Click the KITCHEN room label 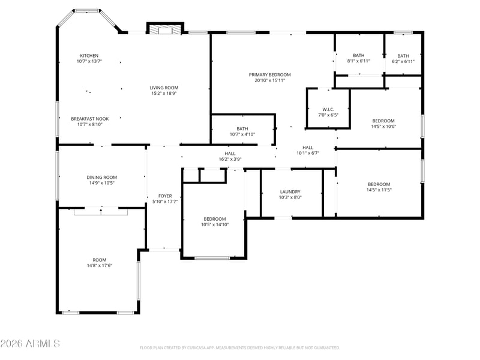click(89, 56)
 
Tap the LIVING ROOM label click(164, 88)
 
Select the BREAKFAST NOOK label click(89, 119)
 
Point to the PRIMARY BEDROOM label click(269, 74)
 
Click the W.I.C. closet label click(328, 110)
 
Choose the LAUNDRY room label click(290, 192)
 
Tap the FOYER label click(165, 196)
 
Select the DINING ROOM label click(101, 178)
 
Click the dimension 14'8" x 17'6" click(100, 266)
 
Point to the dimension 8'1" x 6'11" click(358, 61)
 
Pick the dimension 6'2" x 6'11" click(403, 61)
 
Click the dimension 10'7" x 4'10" click(242, 134)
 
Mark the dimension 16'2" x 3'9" click(230, 159)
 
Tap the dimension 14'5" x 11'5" click(379, 190)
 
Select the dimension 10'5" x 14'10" click(215, 224)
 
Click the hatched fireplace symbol click(166, 29)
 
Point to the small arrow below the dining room click(101, 209)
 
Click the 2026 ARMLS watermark click(30, 343)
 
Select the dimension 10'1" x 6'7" click(308, 154)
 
